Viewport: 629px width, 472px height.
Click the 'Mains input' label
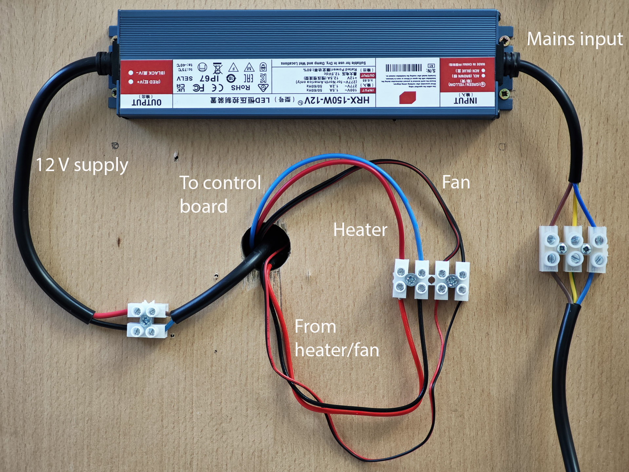point(575,39)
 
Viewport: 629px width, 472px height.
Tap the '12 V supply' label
point(82,165)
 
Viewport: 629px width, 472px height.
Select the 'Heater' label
point(360,229)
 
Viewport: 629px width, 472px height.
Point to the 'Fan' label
point(456,182)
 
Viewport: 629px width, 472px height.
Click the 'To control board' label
point(220,194)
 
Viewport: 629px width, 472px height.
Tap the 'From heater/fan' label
point(336,338)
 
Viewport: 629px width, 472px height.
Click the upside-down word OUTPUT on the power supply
point(146,102)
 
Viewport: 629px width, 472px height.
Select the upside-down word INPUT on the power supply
point(465,100)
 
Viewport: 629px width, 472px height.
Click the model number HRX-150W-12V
point(337,100)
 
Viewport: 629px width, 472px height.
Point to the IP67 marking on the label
point(209,78)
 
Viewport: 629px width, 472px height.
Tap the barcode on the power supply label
point(404,68)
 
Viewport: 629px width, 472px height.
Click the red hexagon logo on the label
point(407,98)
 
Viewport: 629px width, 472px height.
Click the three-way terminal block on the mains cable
point(573,249)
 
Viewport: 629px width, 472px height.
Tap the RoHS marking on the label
point(240,88)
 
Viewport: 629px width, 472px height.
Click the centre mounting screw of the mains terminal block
point(562,248)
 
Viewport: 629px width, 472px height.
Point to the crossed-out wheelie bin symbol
point(218,69)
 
